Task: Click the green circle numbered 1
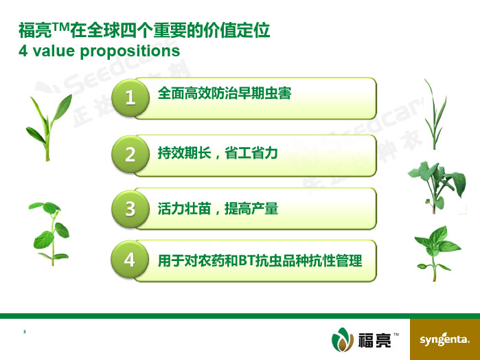pyautogui.click(x=130, y=98)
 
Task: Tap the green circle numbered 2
pyautogui.click(x=130, y=154)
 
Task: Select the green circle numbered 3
pyautogui.click(x=130, y=208)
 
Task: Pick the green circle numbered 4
pyautogui.click(x=130, y=259)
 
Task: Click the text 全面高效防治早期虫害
pyautogui.click(x=225, y=93)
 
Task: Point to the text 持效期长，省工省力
pyautogui.click(x=218, y=153)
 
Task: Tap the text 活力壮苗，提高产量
pyautogui.click(x=218, y=208)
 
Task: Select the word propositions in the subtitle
pyautogui.click(x=130, y=52)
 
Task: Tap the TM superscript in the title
pyautogui.click(x=60, y=27)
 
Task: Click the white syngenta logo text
pyautogui.click(x=444, y=339)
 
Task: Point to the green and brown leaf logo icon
pyautogui.click(x=343, y=339)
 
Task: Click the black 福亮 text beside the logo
pyautogui.click(x=374, y=340)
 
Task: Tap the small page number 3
pyautogui.click(x=25, y=332)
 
